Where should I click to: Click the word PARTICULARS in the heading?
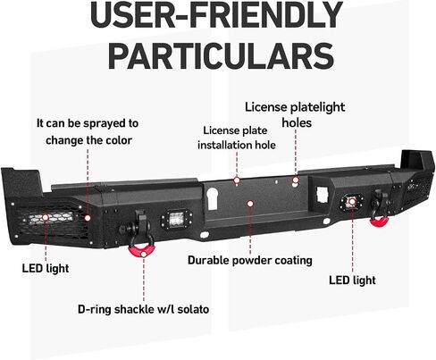click(x=221, y=55)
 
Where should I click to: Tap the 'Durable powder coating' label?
click(x=250, y=260)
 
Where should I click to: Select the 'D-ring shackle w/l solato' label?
click(x=143, y=309)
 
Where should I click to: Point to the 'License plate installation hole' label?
click(x=237, y=138)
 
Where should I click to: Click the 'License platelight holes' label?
click(x=295, y=114)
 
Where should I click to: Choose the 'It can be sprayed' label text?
click(x=88, y=123)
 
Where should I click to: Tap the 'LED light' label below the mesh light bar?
click(x=46, y=268)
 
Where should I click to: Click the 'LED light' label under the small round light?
click(x=352, y=280)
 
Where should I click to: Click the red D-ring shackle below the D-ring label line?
click(x=142, y=250)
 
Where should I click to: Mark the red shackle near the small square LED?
click(x=379, y=222)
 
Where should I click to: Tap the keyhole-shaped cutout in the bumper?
click(x=212, y=198)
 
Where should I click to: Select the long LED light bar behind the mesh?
click(x=52, y=218)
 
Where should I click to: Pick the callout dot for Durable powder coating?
click(x=250, y=204)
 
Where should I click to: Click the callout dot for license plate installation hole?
click(x=237, y=180)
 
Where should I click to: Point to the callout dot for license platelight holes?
click(x=296, y=180)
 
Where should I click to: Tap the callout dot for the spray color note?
click(x=88, y=218)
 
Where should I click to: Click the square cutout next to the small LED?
click(x=323, y=195)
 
